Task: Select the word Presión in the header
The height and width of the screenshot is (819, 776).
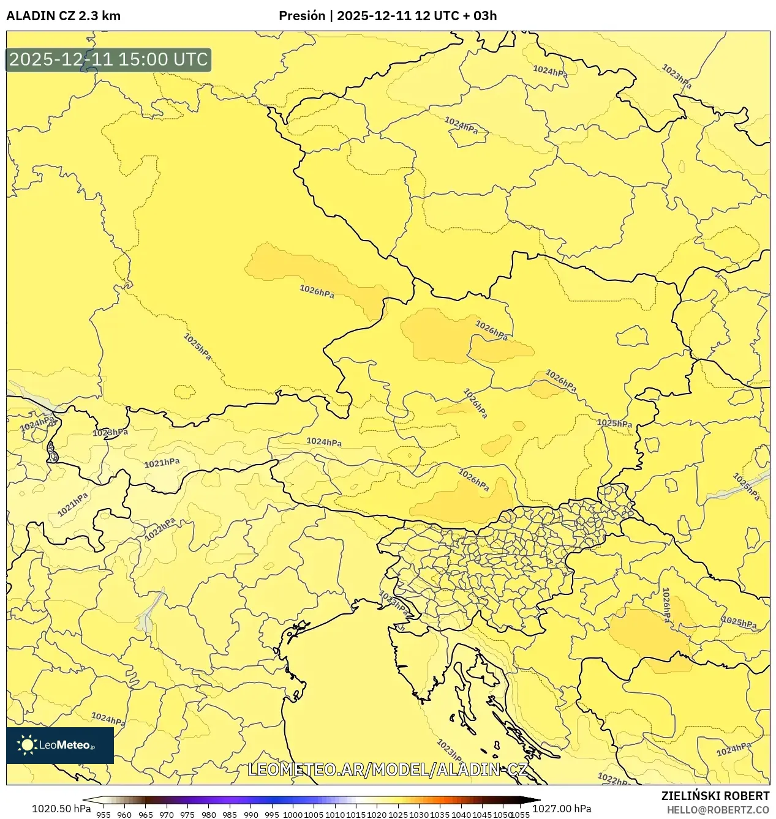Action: pyautogui.click(x=301, y=16)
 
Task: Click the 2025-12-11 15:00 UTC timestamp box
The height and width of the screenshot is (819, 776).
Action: pyautogui.click(x=108, y=60)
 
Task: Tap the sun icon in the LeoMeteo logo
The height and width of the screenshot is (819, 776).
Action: pyautogui.click(x=27, y=745)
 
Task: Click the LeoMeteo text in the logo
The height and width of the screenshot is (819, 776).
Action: pyautogui.click(x=64, y=745)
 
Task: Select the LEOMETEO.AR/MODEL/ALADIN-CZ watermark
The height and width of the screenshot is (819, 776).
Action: pyautogui.click(x=387, y=769)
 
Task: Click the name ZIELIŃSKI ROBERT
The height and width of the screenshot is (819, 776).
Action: pyautogui.click(x=715, y=796)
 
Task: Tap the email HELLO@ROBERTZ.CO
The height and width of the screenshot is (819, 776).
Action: pyautogui.click(x=718, y=810)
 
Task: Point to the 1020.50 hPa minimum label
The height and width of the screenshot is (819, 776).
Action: pyautogui.click(x=61, y=809)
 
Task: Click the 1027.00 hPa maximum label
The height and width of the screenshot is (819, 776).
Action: pyautogui.click(x=562, y=809)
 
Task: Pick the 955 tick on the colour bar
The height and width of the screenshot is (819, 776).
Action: pyautogui.click(x=104, y=815)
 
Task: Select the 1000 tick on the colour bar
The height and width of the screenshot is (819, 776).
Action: pyautogui.click(x=293, y=815)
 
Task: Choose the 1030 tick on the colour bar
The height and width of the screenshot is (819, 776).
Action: pyautogui.click(x=419, y=815)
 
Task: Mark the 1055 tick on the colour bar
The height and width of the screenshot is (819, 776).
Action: pyautogui.click(x=520, y=815)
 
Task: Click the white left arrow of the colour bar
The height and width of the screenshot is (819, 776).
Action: pyautogui.click(x=88, y=800)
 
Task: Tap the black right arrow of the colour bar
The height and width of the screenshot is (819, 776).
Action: pyautogui.click(x=534, y=800)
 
